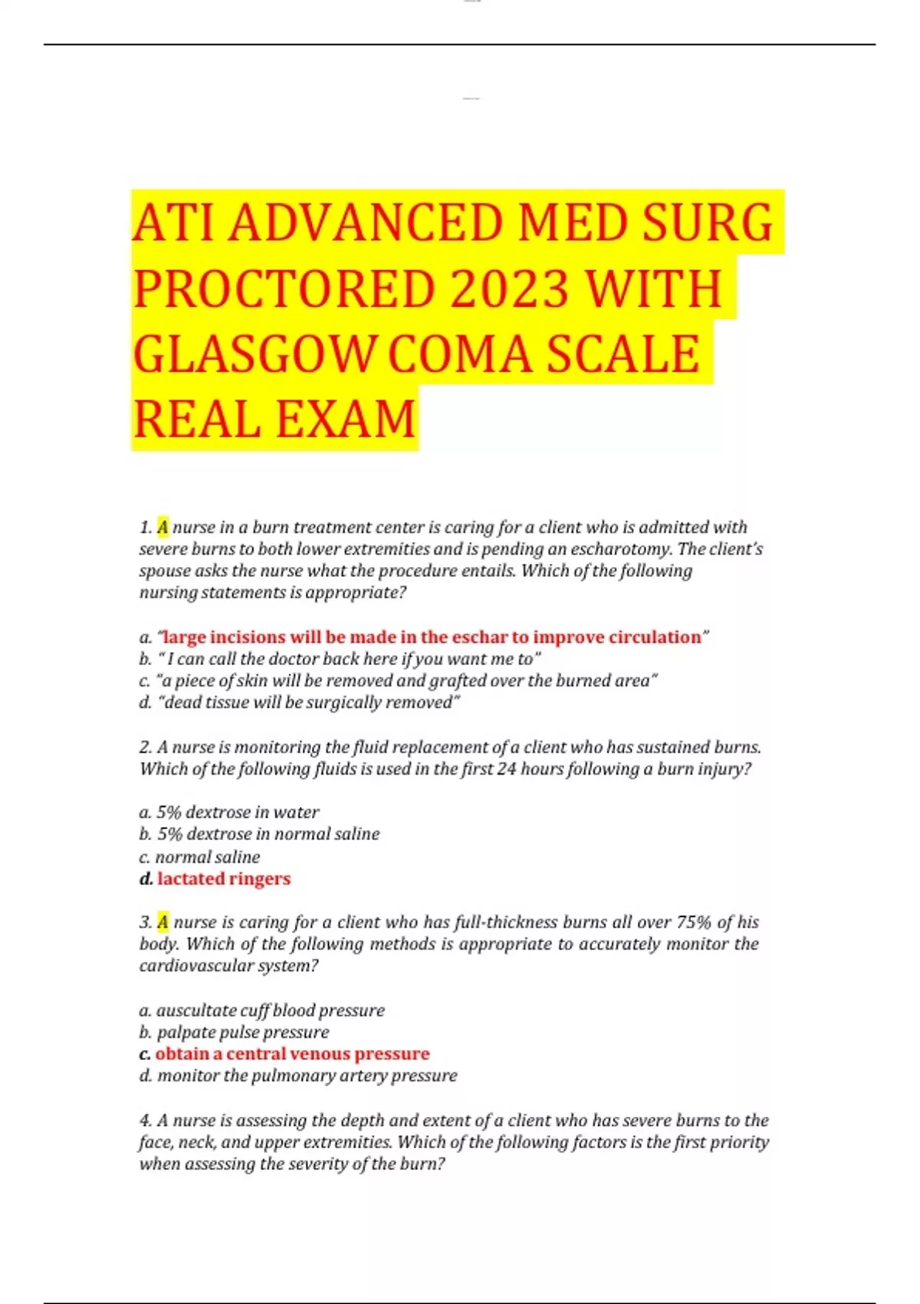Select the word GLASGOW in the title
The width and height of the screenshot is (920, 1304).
click(x=255, y=354)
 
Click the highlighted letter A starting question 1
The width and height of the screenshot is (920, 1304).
click(x=163, y=527)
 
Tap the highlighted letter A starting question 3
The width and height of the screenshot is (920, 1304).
click(x=163, y=922)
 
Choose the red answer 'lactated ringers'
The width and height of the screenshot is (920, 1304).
click(x=224, y=878)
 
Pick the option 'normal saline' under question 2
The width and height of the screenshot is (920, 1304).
click(x=207, y=857)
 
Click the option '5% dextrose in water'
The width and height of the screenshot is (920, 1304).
click(x=238, y=812)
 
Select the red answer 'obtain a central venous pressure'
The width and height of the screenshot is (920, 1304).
click(x=292, y=1054)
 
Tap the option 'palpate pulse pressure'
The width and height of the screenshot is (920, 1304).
click(x=243, y=1032)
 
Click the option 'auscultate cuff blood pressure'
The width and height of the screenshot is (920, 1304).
click(x=271, y=1010)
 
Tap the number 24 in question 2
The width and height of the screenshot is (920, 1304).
click(x=506, y=769)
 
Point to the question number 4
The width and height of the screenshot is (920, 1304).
click(x=144, y=1121)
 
